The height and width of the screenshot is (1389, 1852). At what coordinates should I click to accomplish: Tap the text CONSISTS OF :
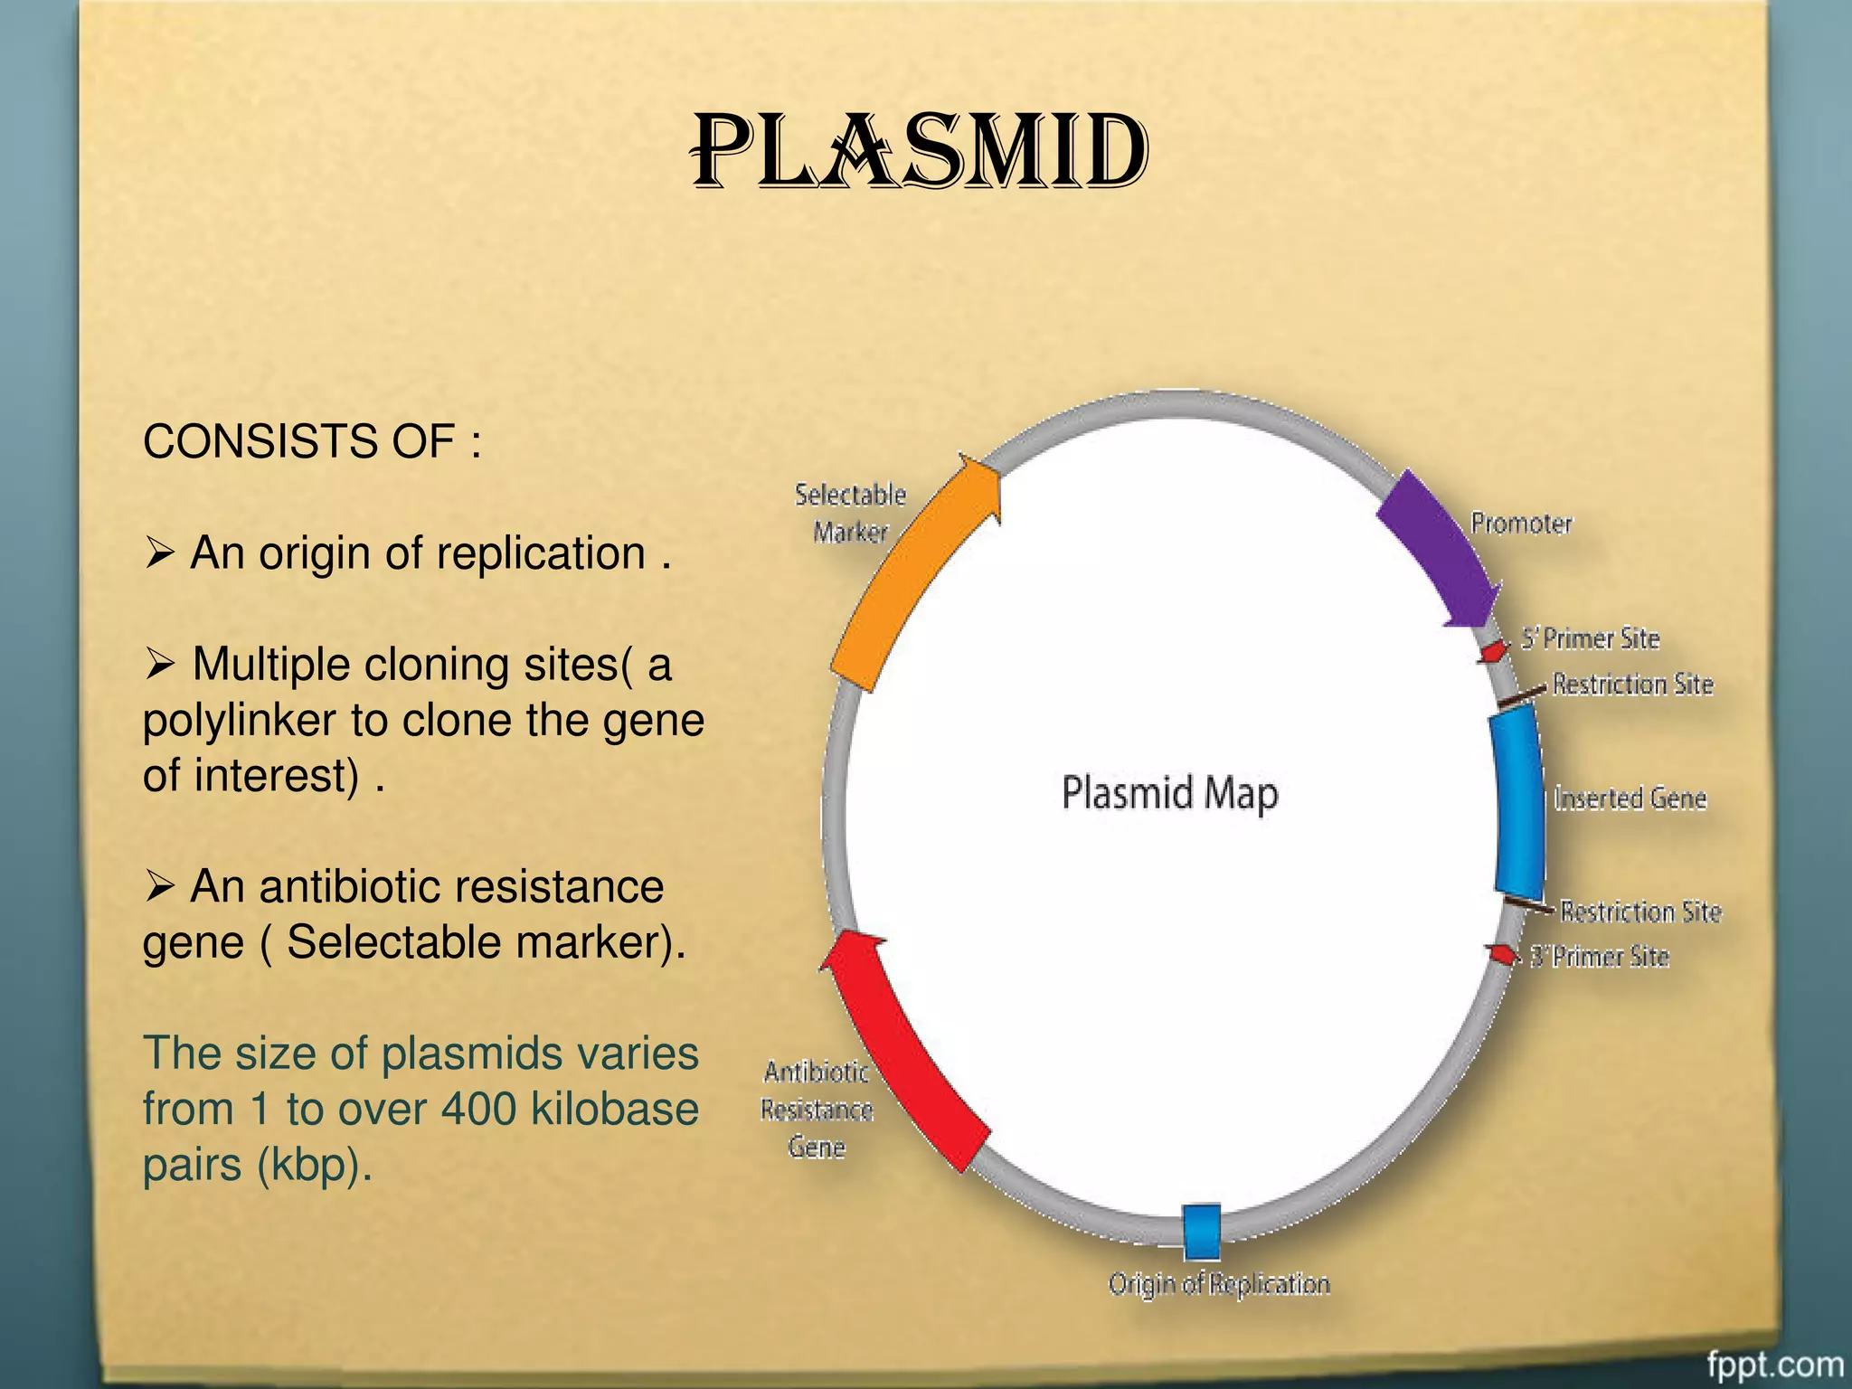[x=312, y=442]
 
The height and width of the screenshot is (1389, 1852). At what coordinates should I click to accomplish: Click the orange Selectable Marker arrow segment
[x=909, y=579]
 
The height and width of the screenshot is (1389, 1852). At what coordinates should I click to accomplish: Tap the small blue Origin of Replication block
[x=1202, y=1232]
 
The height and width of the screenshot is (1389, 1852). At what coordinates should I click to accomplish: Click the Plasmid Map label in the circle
[x=1169, y=793]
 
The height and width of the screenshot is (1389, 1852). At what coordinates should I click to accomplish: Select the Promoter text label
[x=1521, y=524]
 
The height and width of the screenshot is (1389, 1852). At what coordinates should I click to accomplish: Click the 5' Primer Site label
[x=1590, y=638]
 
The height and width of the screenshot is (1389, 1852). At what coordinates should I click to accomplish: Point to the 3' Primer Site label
[x=1599, y=957]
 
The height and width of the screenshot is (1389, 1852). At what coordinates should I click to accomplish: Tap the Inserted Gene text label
[x=1630, y=798]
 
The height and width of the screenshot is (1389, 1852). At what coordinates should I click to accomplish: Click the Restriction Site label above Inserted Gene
[x=1632, y=685]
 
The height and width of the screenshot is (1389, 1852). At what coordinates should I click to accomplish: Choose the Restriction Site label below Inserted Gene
[x=1640, y=912]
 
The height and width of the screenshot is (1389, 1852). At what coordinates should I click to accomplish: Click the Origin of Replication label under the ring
[x=1219, y=1284]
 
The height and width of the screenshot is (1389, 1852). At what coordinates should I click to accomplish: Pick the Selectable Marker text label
[x=850, y=513]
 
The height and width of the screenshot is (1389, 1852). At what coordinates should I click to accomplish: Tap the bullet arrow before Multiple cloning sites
[x=159, y=666]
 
